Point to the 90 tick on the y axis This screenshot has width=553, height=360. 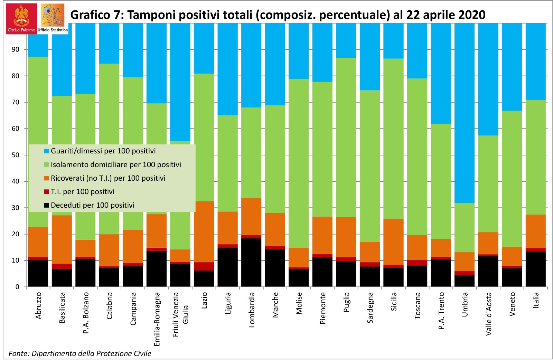[16, 49]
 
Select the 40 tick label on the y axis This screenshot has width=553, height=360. [16, 181]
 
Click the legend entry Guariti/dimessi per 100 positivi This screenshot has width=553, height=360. [103, 151]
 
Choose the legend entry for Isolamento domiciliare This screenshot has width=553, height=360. [116, 165]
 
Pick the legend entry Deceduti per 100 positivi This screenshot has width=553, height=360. [92, 205]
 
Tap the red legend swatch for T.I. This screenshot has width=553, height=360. [46, 192]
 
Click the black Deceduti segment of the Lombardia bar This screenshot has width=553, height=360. [251, 263]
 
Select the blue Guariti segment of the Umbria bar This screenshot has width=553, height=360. [465, 114]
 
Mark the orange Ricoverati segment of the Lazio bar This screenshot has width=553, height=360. [204, 231]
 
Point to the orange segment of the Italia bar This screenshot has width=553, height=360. [535, 231]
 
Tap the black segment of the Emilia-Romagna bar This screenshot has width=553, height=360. [157, 269]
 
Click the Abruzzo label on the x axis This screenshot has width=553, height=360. [38, 306]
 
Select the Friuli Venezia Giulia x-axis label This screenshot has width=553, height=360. [180, 314]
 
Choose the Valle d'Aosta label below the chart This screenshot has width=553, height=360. [488, 314]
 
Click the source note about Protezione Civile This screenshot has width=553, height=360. [80, 353]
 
